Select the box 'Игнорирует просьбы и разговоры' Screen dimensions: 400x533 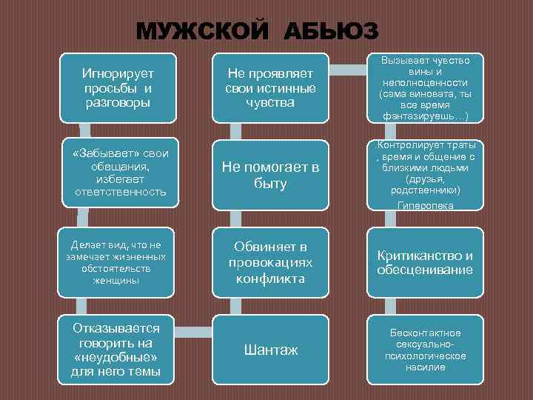(x=118, y=87)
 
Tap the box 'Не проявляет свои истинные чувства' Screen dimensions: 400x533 (x=270, y=87)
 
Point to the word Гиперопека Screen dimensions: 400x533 (x=426, y=205)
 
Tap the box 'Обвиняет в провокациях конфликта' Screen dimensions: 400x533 (x=270, y=263)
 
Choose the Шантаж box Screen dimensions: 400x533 (x=270, y=350)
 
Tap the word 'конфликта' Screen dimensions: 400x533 (x=270, y=279)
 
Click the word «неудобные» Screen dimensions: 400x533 (x=115, y=357)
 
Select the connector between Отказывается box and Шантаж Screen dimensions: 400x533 (x=194, y=328)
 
